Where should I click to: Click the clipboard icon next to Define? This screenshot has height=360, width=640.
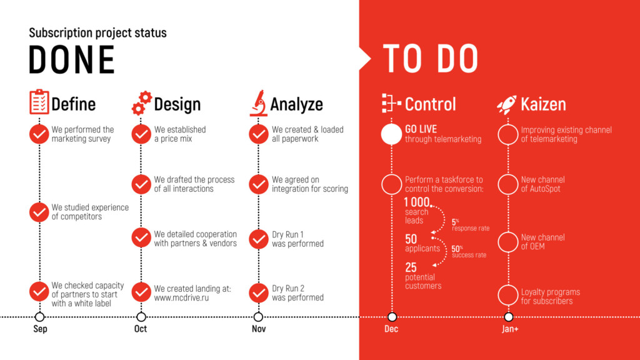39,102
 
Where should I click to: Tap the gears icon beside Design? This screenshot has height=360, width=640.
142,103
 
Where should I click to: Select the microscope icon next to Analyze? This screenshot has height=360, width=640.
258,103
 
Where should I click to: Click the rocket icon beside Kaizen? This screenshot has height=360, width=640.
506,104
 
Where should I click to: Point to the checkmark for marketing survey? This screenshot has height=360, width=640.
39,134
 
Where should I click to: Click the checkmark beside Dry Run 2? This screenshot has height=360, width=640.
258,292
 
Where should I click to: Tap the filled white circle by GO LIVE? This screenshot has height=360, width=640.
391,134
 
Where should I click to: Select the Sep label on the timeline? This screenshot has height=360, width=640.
40,329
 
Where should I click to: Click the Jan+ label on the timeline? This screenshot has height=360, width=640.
510,329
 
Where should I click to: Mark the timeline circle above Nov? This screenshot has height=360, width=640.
258,317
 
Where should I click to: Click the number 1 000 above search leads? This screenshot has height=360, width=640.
417,202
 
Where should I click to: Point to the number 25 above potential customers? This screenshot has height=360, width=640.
411,267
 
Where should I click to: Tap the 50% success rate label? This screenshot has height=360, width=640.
469,252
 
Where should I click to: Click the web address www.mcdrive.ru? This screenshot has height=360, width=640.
181,297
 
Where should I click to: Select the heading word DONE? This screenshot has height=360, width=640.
72,59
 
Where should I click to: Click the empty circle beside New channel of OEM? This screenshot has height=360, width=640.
508,242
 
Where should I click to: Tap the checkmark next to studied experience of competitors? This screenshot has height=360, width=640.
39,212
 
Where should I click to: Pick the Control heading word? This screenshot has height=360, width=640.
430,104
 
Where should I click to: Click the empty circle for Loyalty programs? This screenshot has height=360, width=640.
508,296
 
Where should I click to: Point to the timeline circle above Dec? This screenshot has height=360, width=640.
392,317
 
